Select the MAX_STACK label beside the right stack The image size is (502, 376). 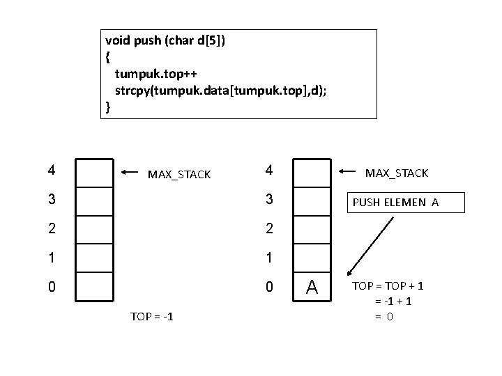(x=397, y=173)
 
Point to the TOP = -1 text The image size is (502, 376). (x=152, y=317)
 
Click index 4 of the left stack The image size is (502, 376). (x=52, y=169)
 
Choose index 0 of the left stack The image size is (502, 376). (x=52, y=286)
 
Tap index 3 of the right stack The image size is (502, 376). (x=269, y=199)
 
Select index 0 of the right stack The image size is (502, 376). (x=269, y=286)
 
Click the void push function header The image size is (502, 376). (x=165, y=40)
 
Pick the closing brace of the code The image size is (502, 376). (x=107, y=107)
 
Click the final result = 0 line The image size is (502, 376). (x=384, y=316)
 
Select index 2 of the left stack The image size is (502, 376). (x=52, y=228)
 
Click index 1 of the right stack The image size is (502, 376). (x=269, y=257)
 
